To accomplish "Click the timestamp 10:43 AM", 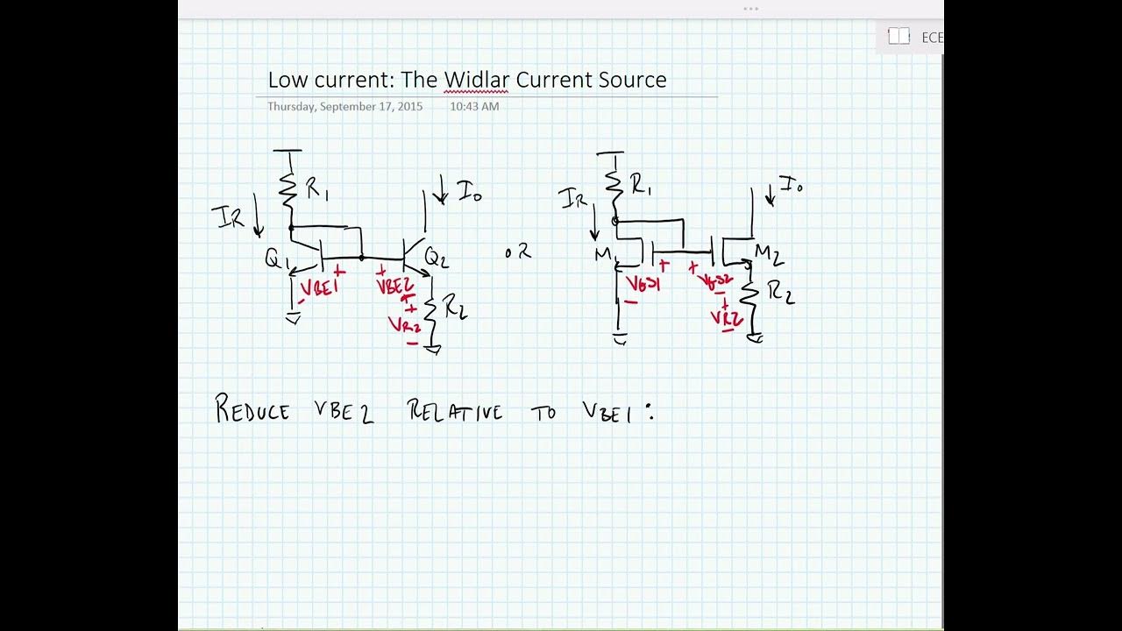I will pos(474,106).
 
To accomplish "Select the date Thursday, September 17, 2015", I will pos(344,106).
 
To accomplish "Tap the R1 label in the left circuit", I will pos(316,189).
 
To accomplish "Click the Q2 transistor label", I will pos(436,257).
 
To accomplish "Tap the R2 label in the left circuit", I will pos(454,307).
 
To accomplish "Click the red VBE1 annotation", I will pos(318,287).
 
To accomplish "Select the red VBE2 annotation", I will pos(394,286).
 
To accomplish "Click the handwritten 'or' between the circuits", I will pos(518,252).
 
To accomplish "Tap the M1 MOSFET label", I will pos(605,255).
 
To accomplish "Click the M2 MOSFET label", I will pos(768,255).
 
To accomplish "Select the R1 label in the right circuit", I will pos(641,186).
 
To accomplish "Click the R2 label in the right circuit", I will pos(780,294).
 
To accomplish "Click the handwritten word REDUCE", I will pos(252,410).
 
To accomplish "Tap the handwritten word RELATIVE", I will pos(455,411).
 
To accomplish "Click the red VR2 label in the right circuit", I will pos(727,318).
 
